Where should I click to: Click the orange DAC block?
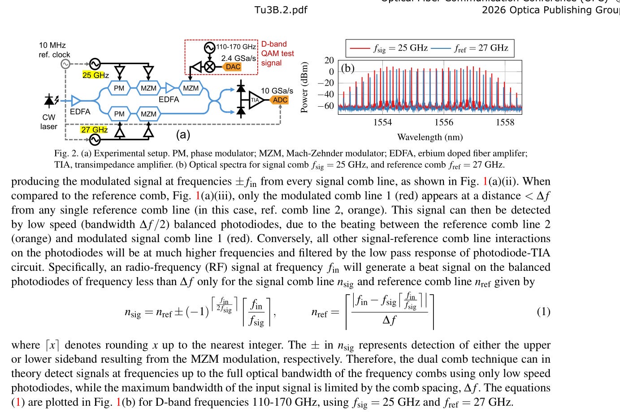point(233,67)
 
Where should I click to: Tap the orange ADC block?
point(280,100)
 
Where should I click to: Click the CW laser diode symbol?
point(50,100)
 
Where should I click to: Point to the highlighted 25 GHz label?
point(95,75)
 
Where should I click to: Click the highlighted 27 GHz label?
point(94,130)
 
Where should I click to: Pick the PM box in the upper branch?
point(119,88)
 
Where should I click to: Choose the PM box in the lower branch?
point(119,114)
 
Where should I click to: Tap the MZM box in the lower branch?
point(148,114)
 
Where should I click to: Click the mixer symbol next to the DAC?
point(210,67)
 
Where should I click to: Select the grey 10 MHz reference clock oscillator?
point(65,64)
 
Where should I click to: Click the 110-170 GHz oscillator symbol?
point(210,48)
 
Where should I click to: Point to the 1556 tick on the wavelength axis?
point(444,122)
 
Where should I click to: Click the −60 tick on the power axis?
point(326,106)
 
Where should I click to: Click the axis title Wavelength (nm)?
point(429,137)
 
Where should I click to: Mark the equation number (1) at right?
point(543,312)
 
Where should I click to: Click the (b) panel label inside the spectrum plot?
point(348,68)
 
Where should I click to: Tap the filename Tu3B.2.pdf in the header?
point(281,10)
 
